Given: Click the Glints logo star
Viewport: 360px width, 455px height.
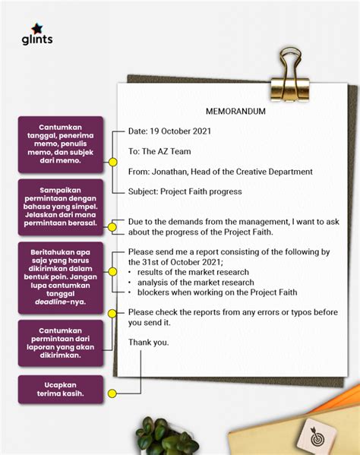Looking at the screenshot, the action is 36,27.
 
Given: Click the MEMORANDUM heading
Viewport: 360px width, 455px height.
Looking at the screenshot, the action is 235,111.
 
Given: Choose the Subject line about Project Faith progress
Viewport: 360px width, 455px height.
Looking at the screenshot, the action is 185,191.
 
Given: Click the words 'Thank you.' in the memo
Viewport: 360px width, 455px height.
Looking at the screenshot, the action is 149,342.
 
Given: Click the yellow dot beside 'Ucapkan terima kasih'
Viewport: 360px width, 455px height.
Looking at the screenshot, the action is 112,393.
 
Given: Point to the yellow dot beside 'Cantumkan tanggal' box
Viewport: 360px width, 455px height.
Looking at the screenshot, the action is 112,163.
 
